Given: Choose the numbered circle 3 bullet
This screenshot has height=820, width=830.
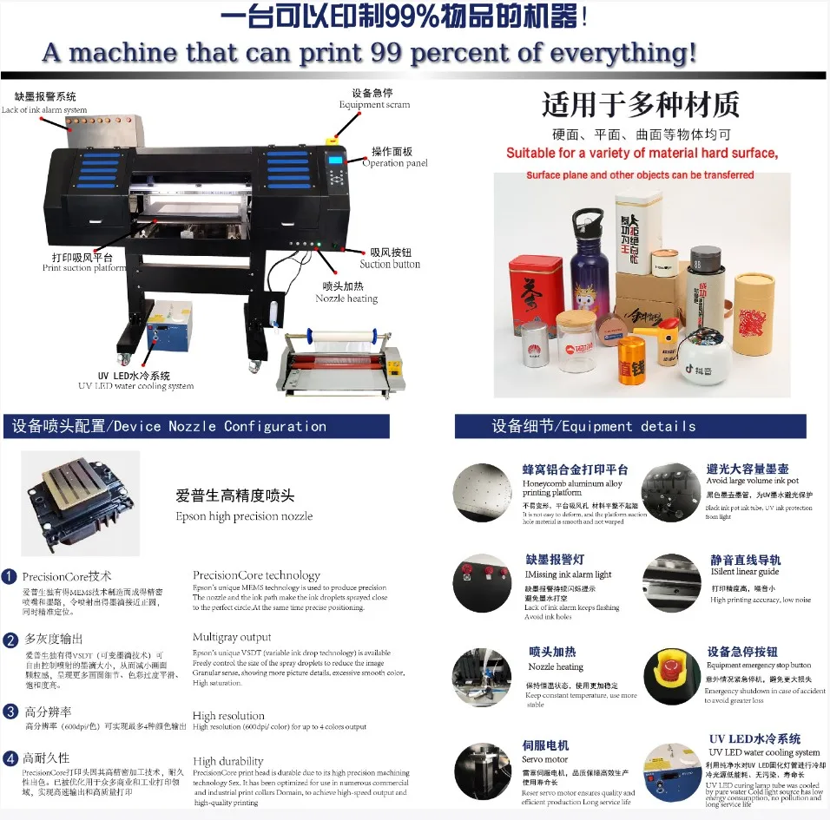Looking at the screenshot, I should (x=10, y=712).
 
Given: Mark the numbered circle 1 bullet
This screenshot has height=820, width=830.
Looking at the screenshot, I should (x=10, y=576).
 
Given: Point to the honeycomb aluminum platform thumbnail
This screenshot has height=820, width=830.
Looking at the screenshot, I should (x=483, y=492).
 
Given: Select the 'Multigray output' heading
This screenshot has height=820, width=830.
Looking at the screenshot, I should (x=232, y=638).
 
